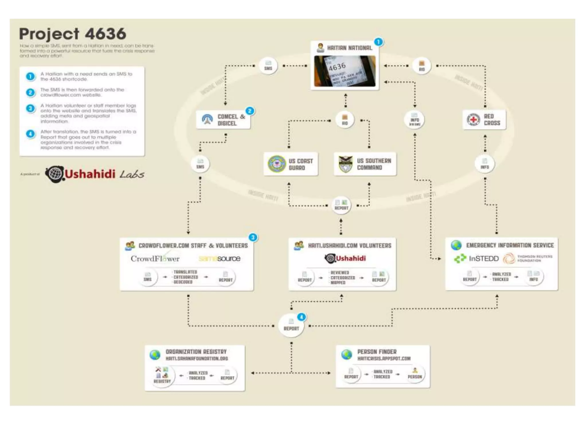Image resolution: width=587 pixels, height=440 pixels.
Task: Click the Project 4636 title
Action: point(73,34)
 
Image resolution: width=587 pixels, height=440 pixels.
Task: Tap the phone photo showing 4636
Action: point(345,71)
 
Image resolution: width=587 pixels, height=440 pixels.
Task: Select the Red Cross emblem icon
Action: point(473,120)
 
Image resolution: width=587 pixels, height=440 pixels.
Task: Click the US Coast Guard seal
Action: point(276,164)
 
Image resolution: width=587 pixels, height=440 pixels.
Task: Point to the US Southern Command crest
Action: point(345,164)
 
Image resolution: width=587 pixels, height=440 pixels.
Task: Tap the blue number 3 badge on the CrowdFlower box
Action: point(253,237)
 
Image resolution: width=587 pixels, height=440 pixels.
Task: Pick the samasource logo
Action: point(220,259)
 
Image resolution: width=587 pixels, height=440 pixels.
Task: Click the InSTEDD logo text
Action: point(484,259)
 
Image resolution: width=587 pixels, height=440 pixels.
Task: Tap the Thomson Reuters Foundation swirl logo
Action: point(509,258)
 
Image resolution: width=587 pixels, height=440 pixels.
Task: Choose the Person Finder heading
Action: point(377,351)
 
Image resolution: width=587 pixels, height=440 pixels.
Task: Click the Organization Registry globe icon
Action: point(155,355)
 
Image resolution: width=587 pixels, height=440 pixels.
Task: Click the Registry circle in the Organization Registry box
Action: point(162,375)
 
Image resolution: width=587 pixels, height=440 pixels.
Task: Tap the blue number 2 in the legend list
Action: point(30,93)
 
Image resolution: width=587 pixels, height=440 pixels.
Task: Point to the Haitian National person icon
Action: point(320,48)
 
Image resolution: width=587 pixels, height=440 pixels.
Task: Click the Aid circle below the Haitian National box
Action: point(345,120)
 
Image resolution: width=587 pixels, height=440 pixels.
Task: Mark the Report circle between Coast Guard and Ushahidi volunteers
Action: point(341,205)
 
